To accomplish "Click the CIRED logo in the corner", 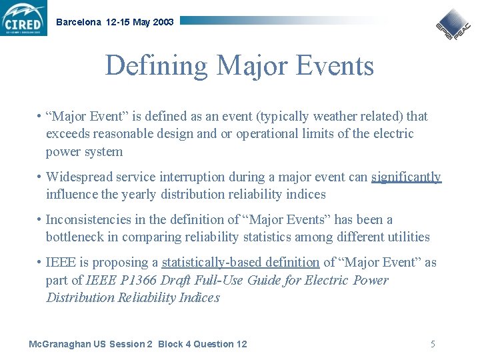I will point(24,18).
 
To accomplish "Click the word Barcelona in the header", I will point(79,22).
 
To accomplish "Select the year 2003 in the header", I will point(163,22).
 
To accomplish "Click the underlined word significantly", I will point(406,177).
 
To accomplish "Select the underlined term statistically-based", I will point(215,263).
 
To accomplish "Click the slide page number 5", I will point(433,344).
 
